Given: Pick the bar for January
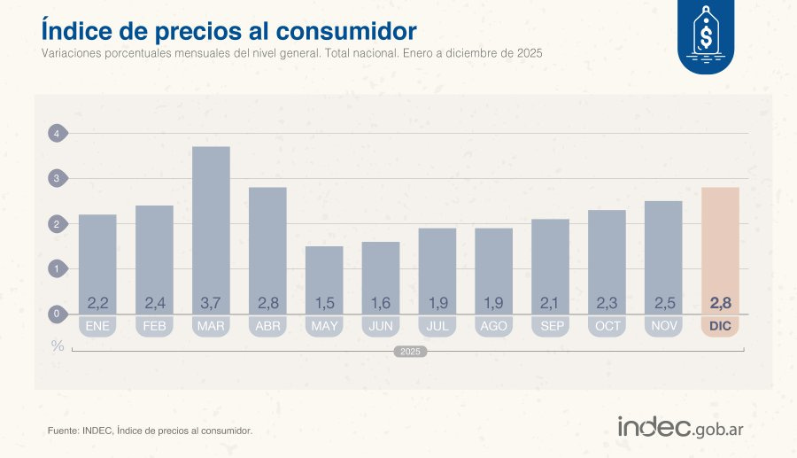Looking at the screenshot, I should point(97,257).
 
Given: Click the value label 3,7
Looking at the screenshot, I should point(211,304).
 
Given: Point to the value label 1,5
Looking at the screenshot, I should point(324,304).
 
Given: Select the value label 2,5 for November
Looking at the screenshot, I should point(663,304).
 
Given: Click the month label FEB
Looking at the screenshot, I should point(154,326).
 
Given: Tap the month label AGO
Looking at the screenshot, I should point(493,326).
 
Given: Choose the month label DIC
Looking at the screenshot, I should point(720,326).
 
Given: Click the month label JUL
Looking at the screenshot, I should point(437,326).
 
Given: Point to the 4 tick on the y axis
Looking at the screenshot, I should point(57,134).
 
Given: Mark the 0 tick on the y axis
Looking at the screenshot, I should point(57,314).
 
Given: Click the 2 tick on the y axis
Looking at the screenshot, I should point(57,224).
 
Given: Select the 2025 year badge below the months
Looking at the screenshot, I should point(410,352).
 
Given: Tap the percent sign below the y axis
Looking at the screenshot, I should point(58,345).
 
